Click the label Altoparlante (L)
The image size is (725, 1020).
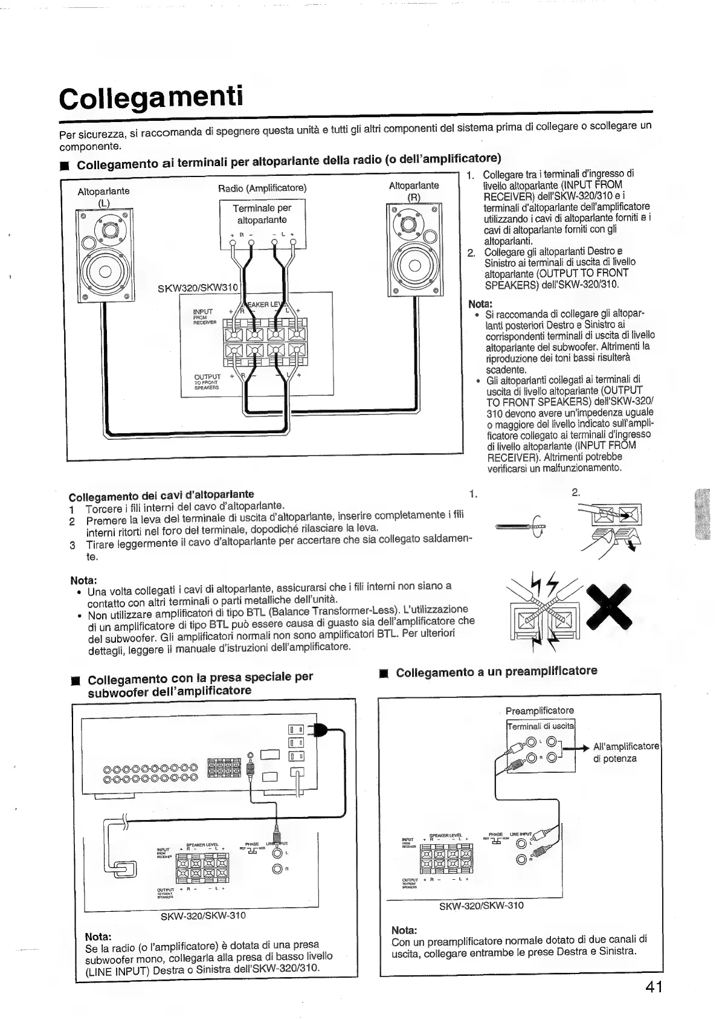tap(103, 196)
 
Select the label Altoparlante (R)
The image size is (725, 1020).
tap(414, 190)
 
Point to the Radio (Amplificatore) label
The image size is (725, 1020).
tap(262, 188)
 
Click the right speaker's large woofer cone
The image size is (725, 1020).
tap(414, 266)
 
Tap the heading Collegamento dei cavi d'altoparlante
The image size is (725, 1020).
tap(161, 495)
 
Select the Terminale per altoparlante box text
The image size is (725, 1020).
tap(262, 214)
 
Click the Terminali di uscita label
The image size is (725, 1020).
tap(541, 726)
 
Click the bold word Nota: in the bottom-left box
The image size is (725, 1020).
tap(100, 937)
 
